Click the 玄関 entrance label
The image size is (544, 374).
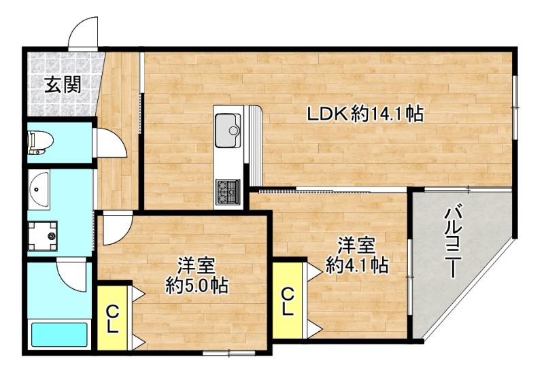63,85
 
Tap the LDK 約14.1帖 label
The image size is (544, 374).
364,115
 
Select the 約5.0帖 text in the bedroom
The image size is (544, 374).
197,285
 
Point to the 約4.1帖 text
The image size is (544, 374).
357,264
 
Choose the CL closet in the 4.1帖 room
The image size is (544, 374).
288,301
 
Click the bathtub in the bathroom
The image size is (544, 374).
60,336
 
